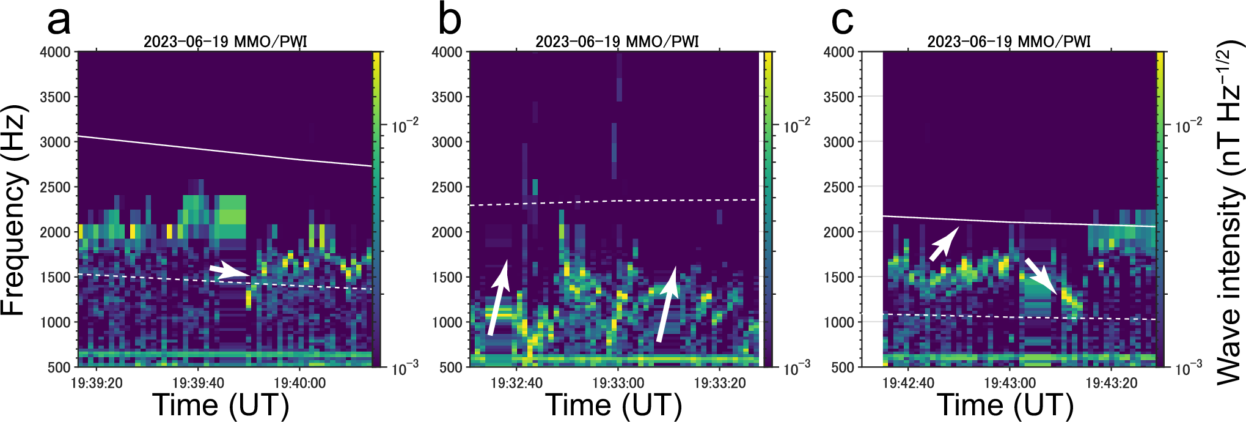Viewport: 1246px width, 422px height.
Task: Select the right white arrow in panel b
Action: [x=667, y=304]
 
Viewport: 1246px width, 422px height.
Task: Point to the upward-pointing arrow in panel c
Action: [x=944, y=243]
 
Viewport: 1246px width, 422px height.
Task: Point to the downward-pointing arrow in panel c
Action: [x=1041, y=276]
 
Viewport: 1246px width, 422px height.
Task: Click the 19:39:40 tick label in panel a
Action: [x=198, y=383]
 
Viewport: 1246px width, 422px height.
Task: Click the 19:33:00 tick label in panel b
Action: [x=618, y=383]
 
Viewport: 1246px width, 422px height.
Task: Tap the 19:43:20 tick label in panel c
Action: [x=1111, y=383]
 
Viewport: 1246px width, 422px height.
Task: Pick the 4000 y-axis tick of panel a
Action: [x=56, y=53]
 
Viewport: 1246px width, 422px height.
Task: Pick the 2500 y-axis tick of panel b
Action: [x=447, y=187]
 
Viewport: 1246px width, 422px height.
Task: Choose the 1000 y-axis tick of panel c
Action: [x=839, y=322]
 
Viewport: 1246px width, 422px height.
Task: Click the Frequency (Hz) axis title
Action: [x=13, y=210]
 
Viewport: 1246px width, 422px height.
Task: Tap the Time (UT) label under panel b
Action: [x=613, y=405]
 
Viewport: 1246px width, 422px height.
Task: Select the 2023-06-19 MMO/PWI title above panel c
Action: [x=1008, y=42]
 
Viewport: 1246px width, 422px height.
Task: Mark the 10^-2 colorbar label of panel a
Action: [x=405, y=127]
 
